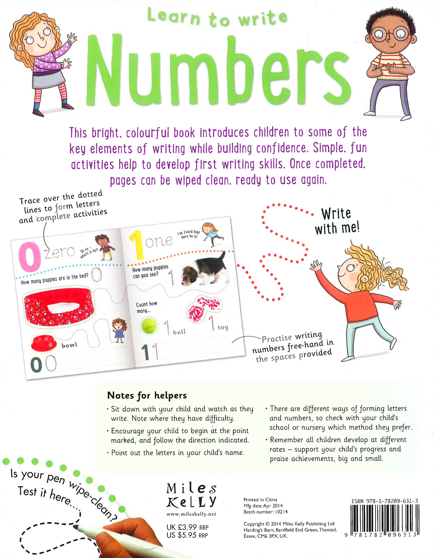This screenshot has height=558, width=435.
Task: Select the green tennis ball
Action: pos(149,326)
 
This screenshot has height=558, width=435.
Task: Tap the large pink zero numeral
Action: pos(30,257)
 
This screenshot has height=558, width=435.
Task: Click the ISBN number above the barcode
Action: pos(384,501)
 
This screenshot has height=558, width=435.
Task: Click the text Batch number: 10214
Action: pos(266,512)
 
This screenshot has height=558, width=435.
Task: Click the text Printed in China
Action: pos(260,499)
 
